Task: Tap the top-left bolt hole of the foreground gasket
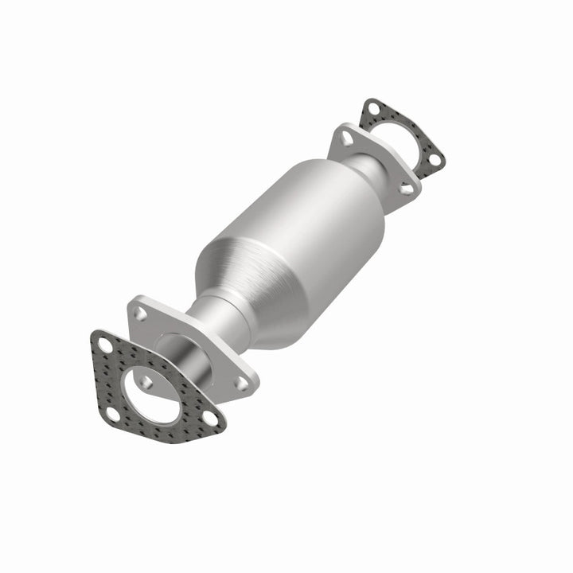coord(105,345)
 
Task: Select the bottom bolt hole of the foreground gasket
coord(114,414)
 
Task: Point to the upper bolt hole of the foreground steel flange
coord(140,314)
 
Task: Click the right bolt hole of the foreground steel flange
coord(240,383)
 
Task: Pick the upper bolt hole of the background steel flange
coord(347,138)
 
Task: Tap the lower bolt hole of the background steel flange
coord(407,189)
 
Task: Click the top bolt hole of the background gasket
coord(372,110)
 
